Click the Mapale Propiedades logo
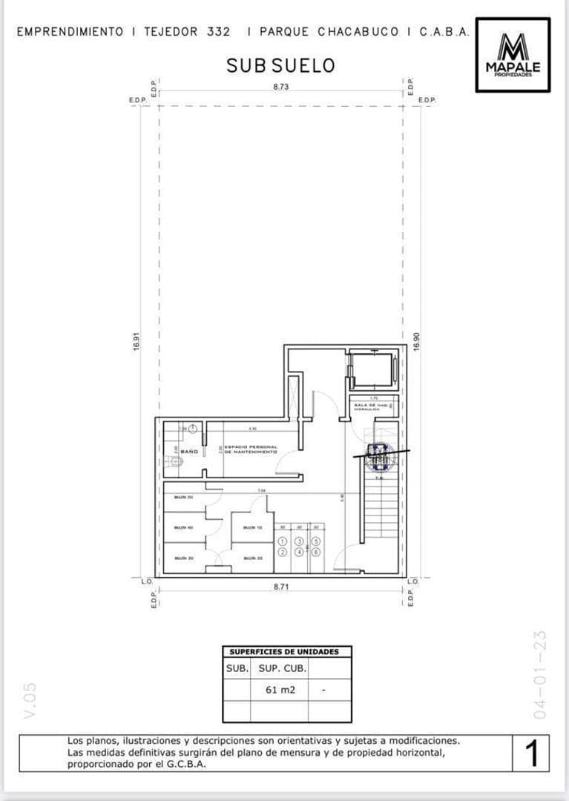(x=513, y=54)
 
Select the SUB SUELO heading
(x=280, y=65)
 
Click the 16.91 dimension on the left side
(x=137, y=342)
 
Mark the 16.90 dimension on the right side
(x=416, y=342)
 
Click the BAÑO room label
(x=188, y=451)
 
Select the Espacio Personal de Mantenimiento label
(x=251, y=449)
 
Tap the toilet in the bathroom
(x=176, y=461)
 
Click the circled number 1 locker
(x=283, y=543)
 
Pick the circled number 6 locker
(x=316, y=552)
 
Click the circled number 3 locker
(x=299, y=543)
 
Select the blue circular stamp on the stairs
(x=378, y=458)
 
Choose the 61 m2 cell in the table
(x=280, y=689)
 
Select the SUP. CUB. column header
(x=280, y=667)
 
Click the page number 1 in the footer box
(x=531, y=754)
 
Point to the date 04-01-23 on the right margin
(x=540, y=673)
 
